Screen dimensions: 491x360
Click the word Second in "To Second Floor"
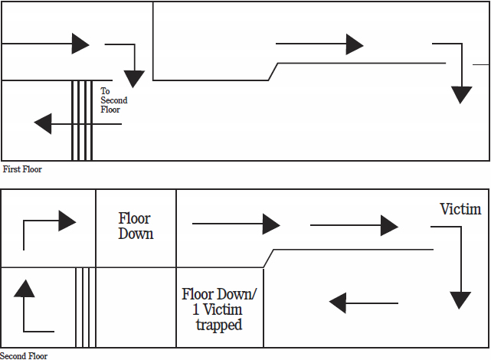pyautogui.click(x=114, y=100)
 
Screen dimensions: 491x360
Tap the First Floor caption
pyautogui.click(x=22, y=169)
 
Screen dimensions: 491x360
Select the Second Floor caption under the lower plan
pyautogui.click(x=24, y=356)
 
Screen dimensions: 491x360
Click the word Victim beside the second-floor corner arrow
pyautogui.click(x=460, y=209)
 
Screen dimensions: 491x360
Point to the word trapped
pyautogui.click(x=219, y=325)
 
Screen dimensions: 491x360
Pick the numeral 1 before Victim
pyautogui.click(x=196, y=309)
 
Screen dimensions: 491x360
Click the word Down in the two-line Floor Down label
pyautogui.click(x=136, y=234)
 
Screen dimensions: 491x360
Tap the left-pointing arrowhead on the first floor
pyautogui.click(x=43, y=123)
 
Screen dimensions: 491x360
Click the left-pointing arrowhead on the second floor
pyautogui.click(x=338, y=303)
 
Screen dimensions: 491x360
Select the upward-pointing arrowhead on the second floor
pyautogui.click(x=24, y=288)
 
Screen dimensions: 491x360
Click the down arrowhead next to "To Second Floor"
pyautogui.click(x=134, y=79)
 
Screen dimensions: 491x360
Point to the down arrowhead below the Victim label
pyautogui.click(x=460, y=300)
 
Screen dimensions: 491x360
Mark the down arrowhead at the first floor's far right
pyautogui.click(x=461, y=95)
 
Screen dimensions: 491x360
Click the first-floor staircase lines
pyautogui.click(x=82, y=120)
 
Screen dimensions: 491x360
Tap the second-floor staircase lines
pyautogui.click(x=86, y=307)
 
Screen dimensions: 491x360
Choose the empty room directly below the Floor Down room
pyautogui.click(x=136, y=307)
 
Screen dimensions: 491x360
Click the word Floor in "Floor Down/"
pyautogui.click(x=198, y=294)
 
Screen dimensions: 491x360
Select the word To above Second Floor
pyautogui.click(x=105, y=91)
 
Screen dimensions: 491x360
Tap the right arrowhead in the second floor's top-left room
pyautogui.click(x=67, y=221)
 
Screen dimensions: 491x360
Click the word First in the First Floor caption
pyautogui.click(x=11, y=169)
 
